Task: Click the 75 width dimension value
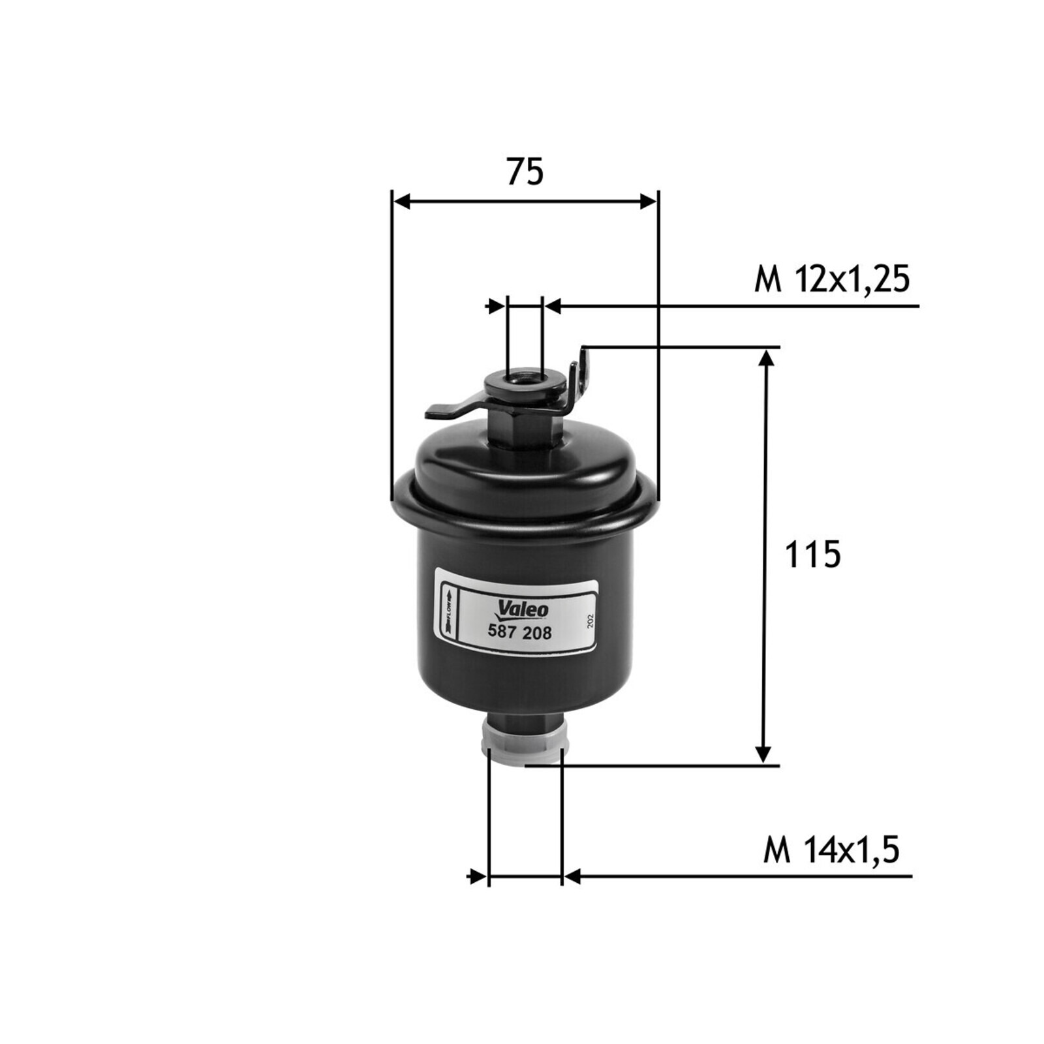click(525, 172)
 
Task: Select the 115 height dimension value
click(812, 555)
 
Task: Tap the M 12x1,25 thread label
click(832, 280)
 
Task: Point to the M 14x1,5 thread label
click(831, 851)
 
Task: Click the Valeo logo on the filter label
click(523, 610)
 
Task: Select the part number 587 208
click(520, 632)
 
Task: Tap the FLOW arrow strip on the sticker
click(449, 611)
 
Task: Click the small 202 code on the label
click(591, 621)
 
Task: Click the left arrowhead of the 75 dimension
click(402, 202)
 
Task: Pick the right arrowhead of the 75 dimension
click(649, 202)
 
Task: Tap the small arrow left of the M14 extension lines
click(478, 876)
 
